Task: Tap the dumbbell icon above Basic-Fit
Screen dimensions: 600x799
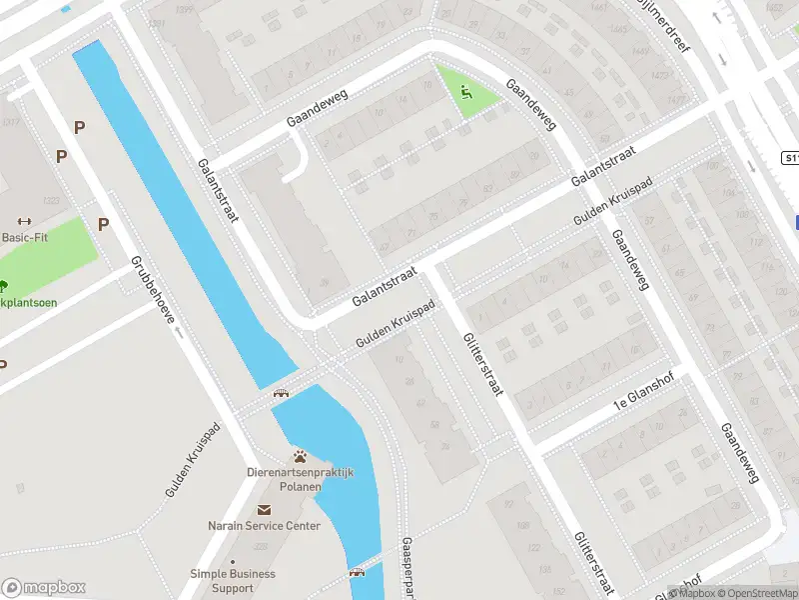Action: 26,222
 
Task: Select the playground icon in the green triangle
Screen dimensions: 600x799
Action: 465,93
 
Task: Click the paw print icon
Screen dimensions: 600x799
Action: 299,456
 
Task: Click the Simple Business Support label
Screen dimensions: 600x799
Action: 233,581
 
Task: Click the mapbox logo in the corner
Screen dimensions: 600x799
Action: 43,588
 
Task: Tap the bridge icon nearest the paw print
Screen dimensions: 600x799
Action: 281,392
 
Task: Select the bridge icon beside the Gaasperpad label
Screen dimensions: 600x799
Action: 358,573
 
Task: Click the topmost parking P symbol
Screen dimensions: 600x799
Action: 79,127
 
